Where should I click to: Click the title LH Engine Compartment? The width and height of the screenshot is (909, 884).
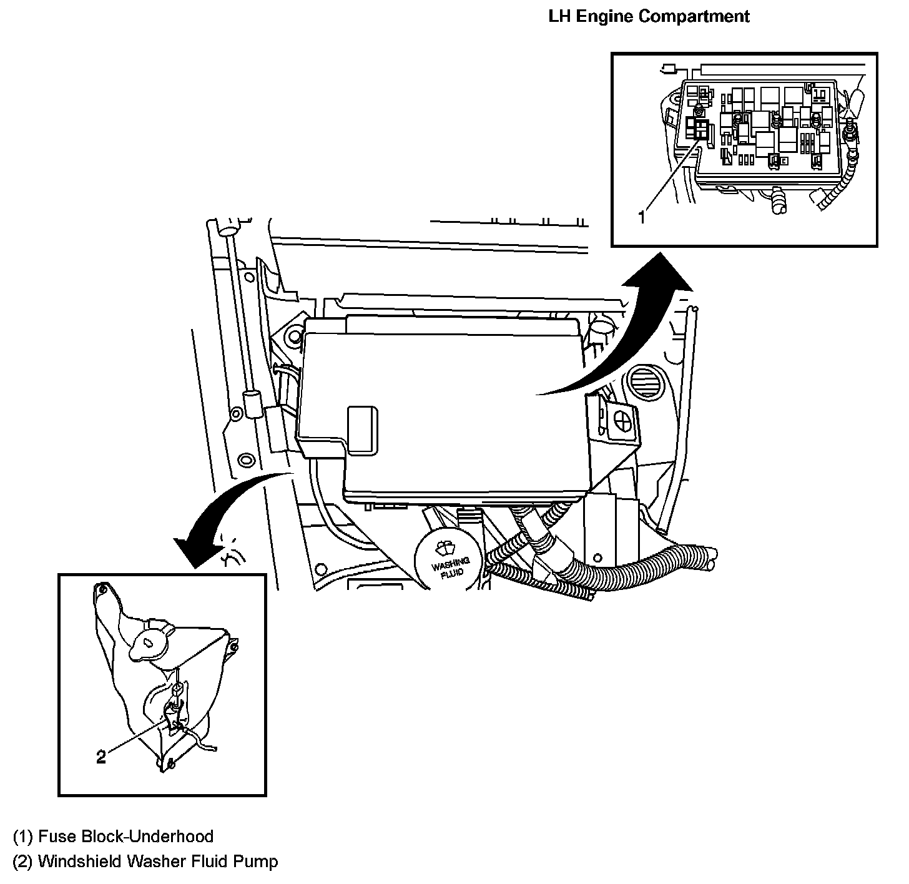649,16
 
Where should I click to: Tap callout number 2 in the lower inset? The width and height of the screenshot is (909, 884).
101,757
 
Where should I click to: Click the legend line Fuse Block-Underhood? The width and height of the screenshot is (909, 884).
113,836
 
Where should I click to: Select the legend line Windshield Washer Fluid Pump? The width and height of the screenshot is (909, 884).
145,862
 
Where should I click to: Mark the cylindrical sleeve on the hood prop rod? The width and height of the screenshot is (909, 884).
252,404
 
